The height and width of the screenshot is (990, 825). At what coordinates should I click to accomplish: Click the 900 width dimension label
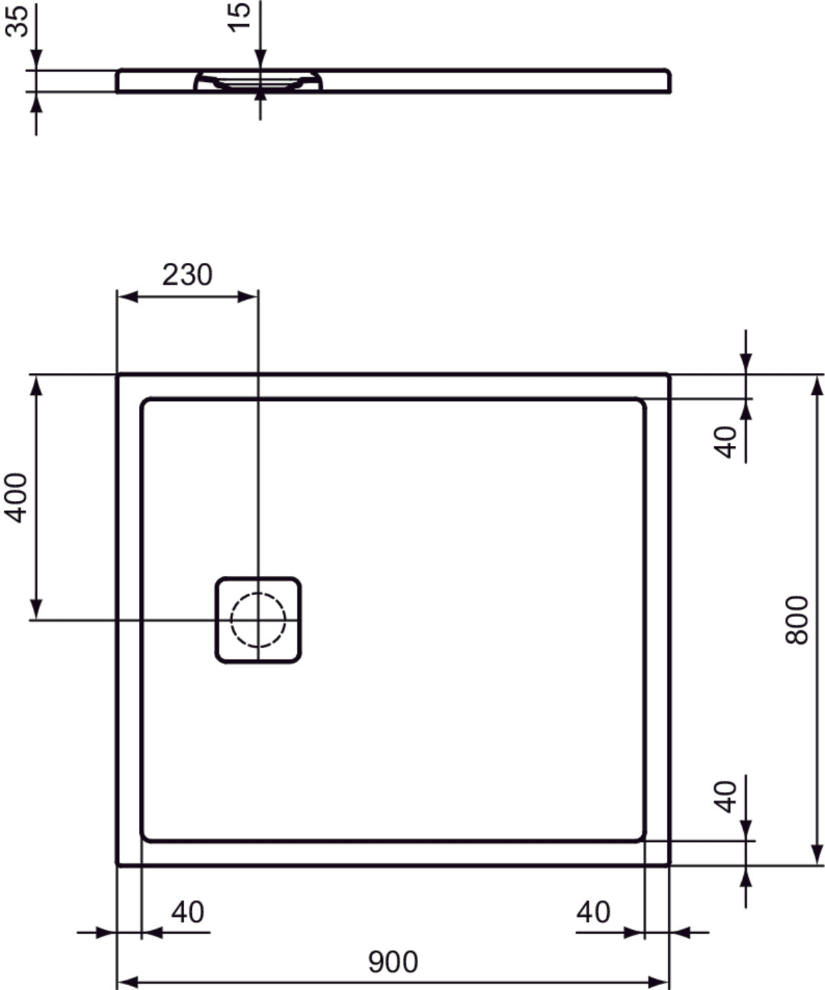(393, 962)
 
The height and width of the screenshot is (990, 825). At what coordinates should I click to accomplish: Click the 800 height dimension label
(797, 620)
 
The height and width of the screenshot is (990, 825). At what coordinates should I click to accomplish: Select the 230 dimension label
(187, 275)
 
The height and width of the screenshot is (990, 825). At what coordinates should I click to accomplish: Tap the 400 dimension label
(16, 497)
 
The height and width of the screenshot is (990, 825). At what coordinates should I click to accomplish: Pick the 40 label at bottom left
(188, 912)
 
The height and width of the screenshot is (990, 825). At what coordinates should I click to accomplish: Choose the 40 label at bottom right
(593, 912)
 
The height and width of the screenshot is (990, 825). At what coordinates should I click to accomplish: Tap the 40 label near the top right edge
(726, 441)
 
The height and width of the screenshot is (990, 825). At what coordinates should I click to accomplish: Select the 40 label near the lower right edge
(726, 796)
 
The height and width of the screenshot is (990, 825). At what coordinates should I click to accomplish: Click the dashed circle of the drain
(258, 620)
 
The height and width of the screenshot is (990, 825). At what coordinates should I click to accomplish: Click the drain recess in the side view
(258, 81)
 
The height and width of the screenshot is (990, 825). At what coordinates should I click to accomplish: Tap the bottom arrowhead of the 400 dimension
(36, 609)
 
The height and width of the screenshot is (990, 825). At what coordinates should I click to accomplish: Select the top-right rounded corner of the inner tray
(641, 403)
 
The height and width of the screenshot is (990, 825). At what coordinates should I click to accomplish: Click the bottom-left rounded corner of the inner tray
(146, 836)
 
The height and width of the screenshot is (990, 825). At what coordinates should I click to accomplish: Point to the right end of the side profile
(668, 80)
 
